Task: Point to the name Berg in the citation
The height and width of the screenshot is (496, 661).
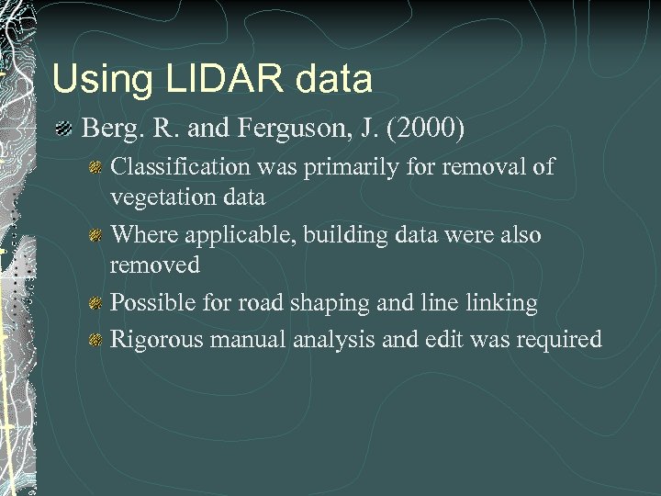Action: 108,128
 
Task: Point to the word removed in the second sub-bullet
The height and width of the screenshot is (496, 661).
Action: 154,265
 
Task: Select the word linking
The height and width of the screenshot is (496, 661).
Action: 503,302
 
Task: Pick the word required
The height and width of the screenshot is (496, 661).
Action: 557,340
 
